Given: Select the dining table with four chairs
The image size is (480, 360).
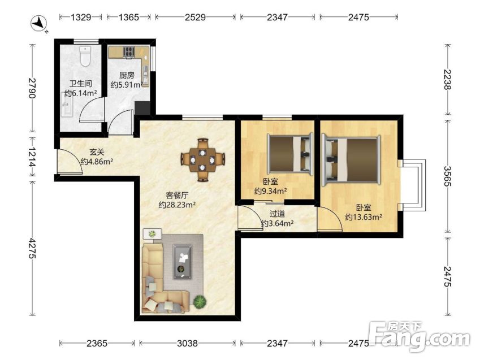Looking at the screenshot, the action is pyautogui.click(x=202, y=159).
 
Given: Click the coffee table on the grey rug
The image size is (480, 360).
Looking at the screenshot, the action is pyautogui.click(x=183, y=262).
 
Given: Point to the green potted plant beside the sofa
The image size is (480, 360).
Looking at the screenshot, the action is pyautogui.click(x=200, y=301).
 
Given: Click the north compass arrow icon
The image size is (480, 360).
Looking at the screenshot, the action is pyautogui.click(x=39, y=24).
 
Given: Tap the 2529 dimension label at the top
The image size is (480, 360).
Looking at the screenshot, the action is pyautogui.click(x=195, y=17).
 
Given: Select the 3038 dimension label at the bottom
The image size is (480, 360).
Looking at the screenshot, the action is pyautogui.click(x=187, y=343).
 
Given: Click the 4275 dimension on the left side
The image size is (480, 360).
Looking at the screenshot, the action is pyautogui.click(x=32, y=248).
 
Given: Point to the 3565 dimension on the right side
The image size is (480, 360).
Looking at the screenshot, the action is pyautogui.click(x=447, y=176).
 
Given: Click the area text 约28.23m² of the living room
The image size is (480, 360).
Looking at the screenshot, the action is pyautogui.click(x=178, y=205).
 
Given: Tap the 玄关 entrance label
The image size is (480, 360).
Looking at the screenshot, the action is pyautogui.click(x=97, y=152).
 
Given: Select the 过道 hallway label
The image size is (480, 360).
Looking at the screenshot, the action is pyautogui.click(x=278, y=214).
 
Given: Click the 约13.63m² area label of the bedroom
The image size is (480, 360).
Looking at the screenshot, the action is pyautogui.click(x=364, y=217).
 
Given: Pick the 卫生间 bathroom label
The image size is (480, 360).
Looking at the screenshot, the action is pyautogui.click(x=80, y=84).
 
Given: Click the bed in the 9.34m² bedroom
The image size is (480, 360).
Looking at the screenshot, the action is pyautogui.click(x=291, y=153).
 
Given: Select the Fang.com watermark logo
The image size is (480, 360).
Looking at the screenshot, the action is pyautogui.click(x=419, y=337).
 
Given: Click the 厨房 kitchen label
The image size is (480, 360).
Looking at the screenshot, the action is pyautogui.click(x=127, y=75).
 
